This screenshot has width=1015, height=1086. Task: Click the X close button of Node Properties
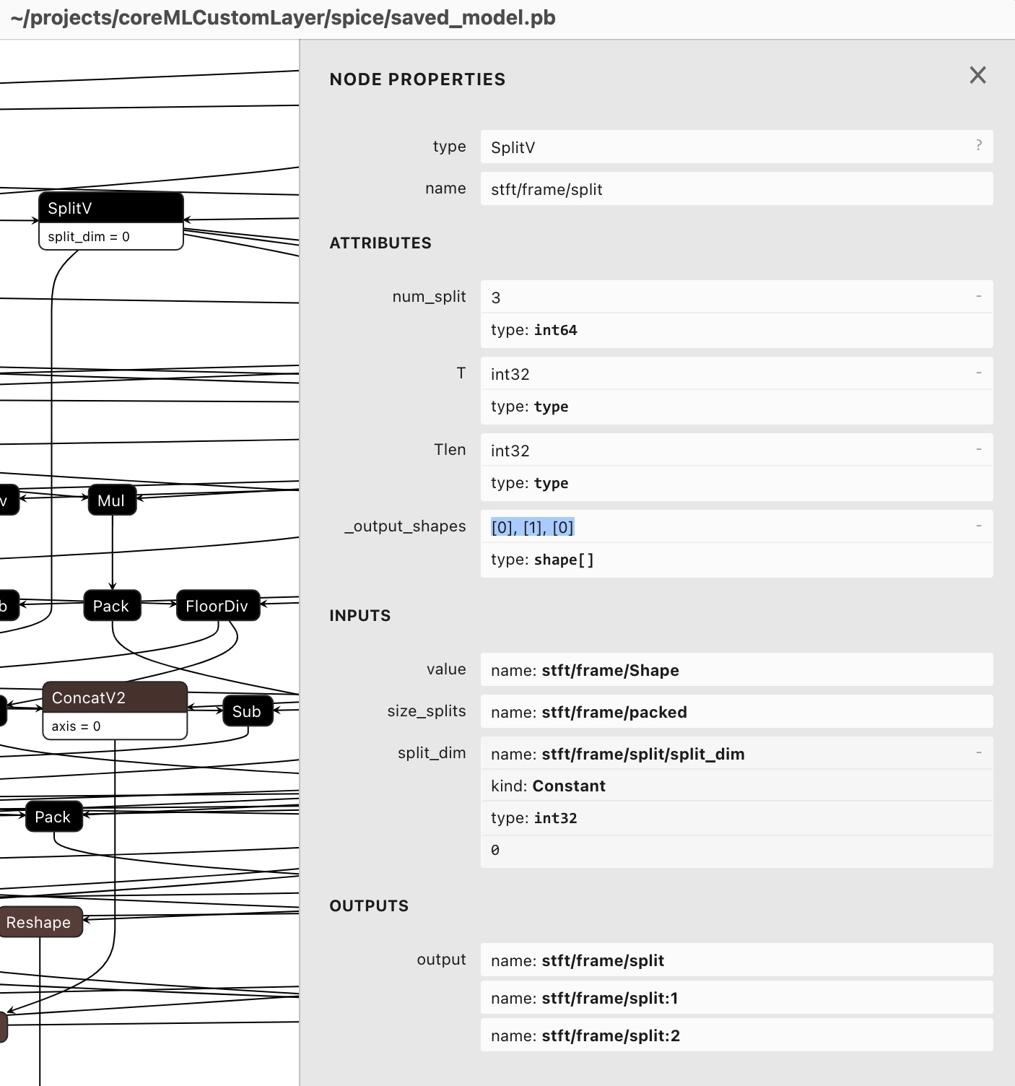pyautogui.click(x=977, y=75)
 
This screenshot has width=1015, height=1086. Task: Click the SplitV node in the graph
pyautogui.click(x=110, y=209)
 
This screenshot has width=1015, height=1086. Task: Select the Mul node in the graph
pyautogui.click(x=112, y=500)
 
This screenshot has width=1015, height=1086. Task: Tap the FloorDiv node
pyautogui.click(x=217, y=606)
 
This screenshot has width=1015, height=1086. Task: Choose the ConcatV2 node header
pyautogui.click(x=115, y=698)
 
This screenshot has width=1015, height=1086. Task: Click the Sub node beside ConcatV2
pyautogui.click(x=247, y=711)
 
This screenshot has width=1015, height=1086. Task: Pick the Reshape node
pyautogui.click(x=40, y=922)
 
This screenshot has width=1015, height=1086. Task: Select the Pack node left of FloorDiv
pyautogui.click(x=111, y=606)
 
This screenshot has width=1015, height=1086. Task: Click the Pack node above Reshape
pyautogui.click(x=53, y=817)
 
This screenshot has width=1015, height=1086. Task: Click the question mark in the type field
pyautogui.click(x=978, y=146)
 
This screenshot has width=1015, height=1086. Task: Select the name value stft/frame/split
pyautogui.click(x=546, y=189)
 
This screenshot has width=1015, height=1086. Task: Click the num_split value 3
pyautogui.click(x=496, y=297)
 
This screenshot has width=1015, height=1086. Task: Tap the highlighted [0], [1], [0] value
pyautogui.click(x=532, y=527)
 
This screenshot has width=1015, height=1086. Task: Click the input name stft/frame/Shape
pyautogui.click(x=610, y=670)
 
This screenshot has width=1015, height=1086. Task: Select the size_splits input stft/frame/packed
pyautogui.click(x=614, y=712)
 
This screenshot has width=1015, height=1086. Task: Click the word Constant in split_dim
pyautogui.click(x=568, y=786)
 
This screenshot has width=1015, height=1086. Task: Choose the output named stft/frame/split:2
pyautogui.click(x=610, y=1035)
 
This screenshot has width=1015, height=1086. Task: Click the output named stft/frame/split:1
pyautogui.click(x=609, y=998)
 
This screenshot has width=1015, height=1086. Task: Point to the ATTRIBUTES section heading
pyautogui.click(x=380, y=243)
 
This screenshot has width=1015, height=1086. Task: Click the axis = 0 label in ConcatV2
pyautogui.click(x=76, y=726)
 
